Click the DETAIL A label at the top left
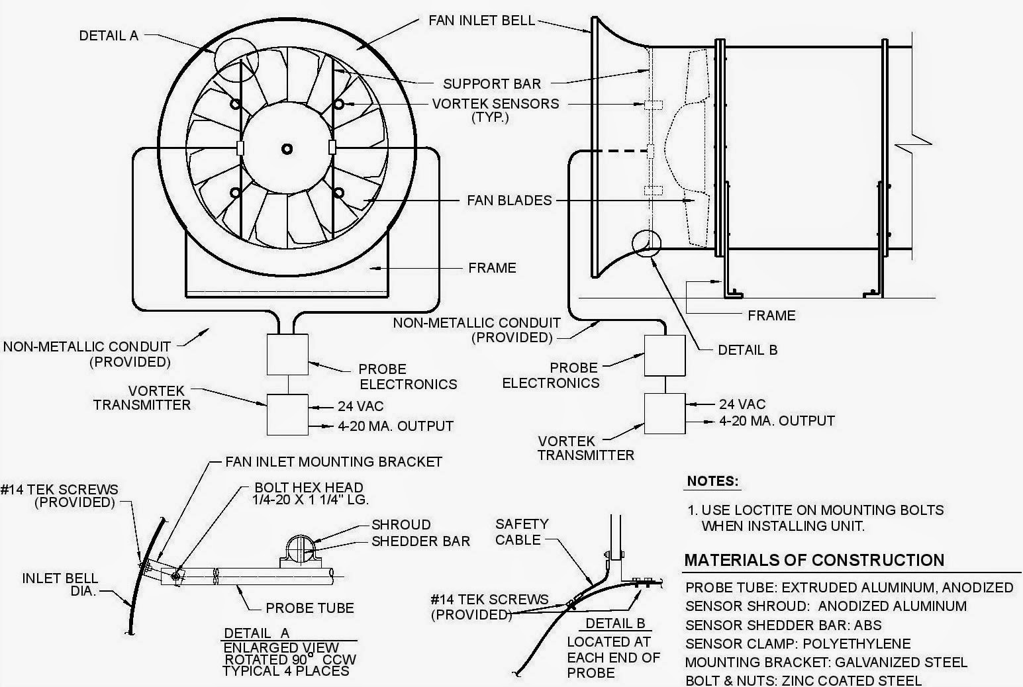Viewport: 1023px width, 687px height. (x=109, y=36)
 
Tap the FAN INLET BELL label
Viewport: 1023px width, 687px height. (x=481, y=20)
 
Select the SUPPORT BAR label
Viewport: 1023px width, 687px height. (x=492, y=84)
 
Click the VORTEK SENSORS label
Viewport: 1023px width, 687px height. (x=495, y=104)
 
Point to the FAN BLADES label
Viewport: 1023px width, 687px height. (x=509, y=200)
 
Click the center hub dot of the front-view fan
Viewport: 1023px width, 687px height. (x=287, y=148)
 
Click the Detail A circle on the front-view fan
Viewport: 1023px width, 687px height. (x=236, y=58)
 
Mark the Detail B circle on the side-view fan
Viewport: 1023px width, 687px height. (x=647, y=243)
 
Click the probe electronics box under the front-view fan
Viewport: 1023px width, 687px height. (x=287, y=355)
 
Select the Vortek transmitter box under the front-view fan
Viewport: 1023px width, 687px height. (x=287, y=414)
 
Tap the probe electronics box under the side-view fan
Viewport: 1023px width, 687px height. (x=665, y=355)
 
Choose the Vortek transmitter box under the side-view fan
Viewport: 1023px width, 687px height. (x=665, y=414)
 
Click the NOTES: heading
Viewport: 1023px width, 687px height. (x=712, y=481)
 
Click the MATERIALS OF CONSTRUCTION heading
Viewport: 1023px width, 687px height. (x=814, y=561)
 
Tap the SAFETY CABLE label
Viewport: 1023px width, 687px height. (x=522, y=531)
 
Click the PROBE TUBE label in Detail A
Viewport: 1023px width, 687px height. (x=310, y=608)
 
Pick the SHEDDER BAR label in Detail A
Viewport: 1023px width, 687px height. (x=420, y=541)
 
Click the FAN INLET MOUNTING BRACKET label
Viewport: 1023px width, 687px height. (x=334, y=461)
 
